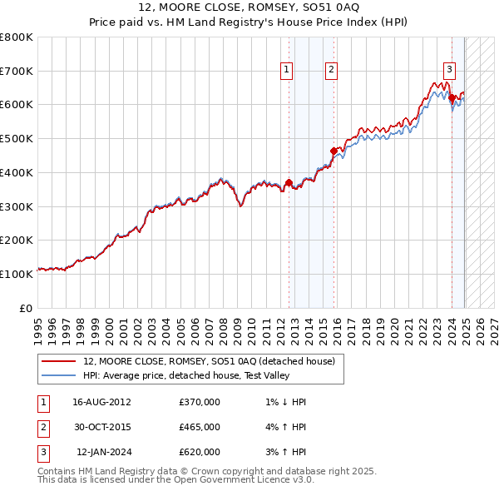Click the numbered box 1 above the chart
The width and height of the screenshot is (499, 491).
[x=286, y=71]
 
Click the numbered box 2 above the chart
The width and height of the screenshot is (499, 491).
[x=331, y=71]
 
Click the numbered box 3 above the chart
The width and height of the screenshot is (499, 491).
[x=449, y=71]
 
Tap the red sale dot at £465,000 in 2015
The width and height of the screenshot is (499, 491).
[x=333, y=151]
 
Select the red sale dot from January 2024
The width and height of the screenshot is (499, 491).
[x=452, y=98]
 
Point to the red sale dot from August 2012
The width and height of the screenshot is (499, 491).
[x=289, y=183]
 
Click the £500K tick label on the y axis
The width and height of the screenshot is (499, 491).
[x=17, y=138]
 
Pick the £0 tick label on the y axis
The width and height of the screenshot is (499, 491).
[x=25, y=308]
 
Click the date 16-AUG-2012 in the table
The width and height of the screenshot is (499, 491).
[x=101, y=402]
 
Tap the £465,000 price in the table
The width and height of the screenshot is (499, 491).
[x=200, y=427]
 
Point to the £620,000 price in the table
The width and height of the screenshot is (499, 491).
[x=200, y=452]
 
